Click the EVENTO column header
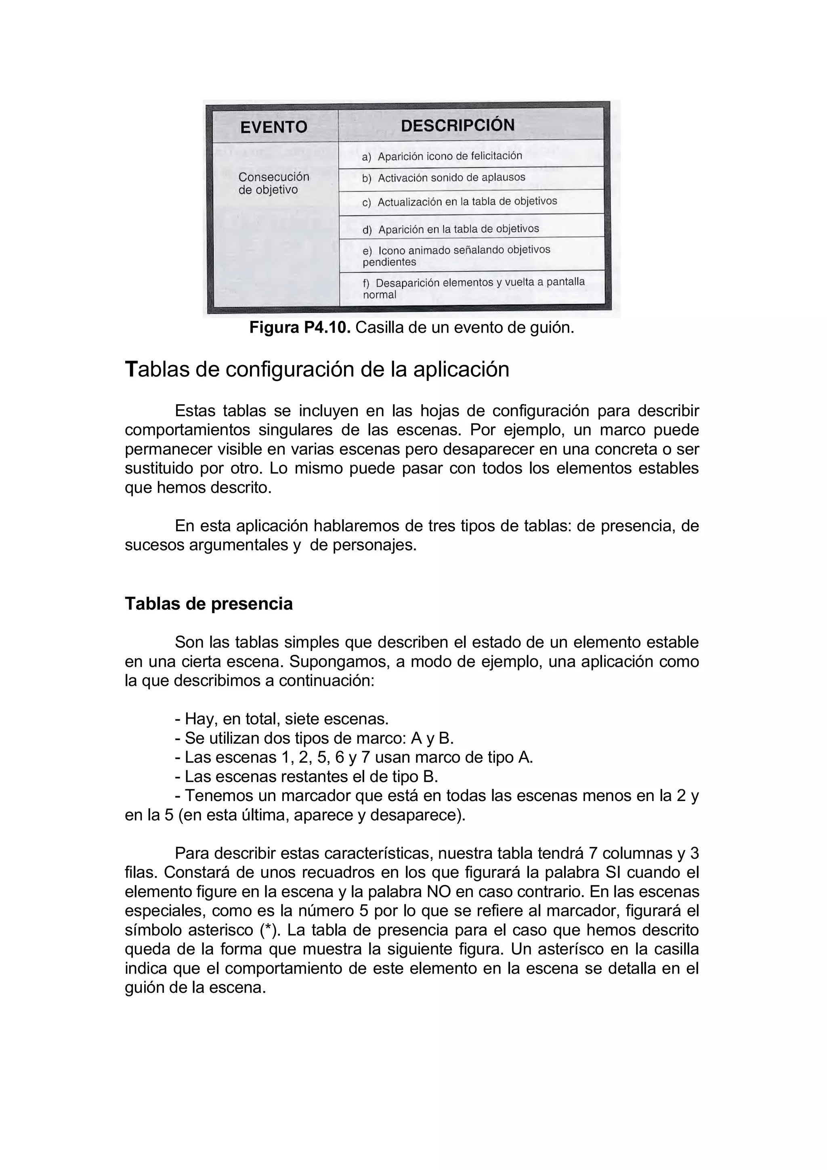274,127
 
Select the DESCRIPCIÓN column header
458,125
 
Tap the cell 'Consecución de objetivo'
274,183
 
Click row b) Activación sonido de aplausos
451,178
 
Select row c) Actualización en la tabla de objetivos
467,202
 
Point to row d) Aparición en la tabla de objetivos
458,229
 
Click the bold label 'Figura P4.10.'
300,328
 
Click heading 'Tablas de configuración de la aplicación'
317,369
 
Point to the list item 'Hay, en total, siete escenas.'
281,719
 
